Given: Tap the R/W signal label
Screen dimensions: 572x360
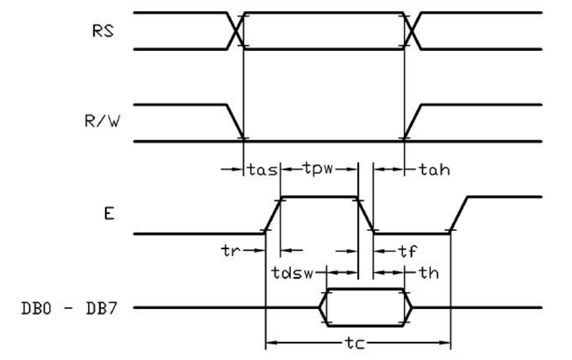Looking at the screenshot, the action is [x=100, y=123].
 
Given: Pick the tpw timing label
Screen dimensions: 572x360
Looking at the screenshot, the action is [x=318, y=169].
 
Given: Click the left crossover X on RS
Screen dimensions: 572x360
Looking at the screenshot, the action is [x=236, y=30].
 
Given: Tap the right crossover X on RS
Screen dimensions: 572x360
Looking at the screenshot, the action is [x=412, y=30].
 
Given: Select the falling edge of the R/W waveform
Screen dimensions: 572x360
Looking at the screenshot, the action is [x=236, y=122].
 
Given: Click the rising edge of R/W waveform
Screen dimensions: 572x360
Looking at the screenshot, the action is [x=412, y=122].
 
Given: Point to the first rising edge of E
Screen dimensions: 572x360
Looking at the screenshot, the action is [x=273, y=214].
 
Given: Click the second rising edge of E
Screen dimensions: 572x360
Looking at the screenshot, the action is [x=460, y=214].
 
